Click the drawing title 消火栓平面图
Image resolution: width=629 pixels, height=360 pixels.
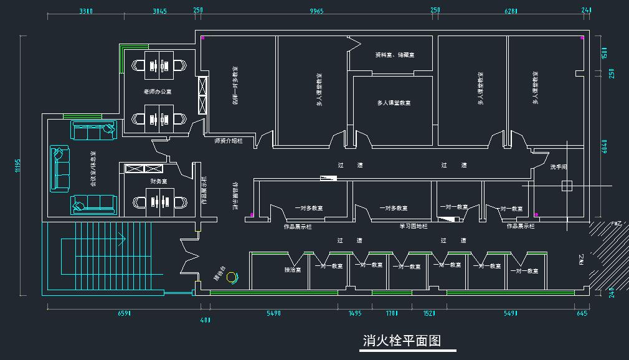pos(402,341)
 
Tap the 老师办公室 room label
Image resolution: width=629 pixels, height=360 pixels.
pos(157,92)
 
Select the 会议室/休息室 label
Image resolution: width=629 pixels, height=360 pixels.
pos(93,169)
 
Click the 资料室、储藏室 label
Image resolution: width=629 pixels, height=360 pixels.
pos(395,55)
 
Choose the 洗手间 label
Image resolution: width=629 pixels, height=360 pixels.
pos(559,167)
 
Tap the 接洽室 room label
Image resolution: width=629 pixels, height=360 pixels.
pos(293,270)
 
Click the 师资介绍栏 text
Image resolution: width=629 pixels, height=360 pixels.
pos(229,141)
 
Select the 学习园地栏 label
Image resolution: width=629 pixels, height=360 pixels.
pos(414,226)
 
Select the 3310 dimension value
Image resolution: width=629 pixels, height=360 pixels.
pos(86,11)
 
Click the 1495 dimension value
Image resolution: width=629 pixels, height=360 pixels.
pos(355,313)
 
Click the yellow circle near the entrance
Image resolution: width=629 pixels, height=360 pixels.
pos(232,277)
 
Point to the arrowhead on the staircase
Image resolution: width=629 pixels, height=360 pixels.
pos(125,238)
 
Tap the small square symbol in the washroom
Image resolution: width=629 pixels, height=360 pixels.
pos(566,186)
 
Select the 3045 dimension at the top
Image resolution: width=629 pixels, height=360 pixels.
pos(159,11)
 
